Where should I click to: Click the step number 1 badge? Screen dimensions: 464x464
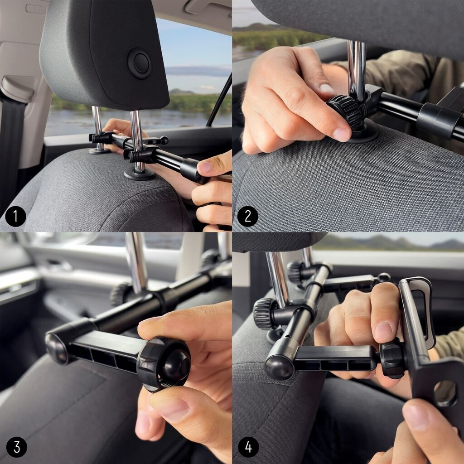(x=15, y=216)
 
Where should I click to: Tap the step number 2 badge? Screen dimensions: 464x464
(x=248, y=216)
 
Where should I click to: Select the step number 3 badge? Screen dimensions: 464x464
(x=17, y=447)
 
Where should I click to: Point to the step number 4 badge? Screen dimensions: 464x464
(x=249, y=447)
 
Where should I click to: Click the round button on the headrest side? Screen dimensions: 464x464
(x=140, y=63)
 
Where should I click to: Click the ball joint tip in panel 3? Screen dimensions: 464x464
(x=176, y=365)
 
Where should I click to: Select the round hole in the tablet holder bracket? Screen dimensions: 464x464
(x=445, y=393)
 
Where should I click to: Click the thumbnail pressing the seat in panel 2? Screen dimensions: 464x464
(x=341, y=134)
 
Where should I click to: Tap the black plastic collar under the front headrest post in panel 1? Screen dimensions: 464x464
(x=140, y=174)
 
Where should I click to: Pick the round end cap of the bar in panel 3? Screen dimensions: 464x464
(x=56, y=348)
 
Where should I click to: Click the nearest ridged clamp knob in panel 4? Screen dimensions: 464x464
(x=264, y=314)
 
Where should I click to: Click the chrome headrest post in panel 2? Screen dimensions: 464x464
(x=356, y=71)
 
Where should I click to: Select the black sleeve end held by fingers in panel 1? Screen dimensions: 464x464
(x=191, y=170)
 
